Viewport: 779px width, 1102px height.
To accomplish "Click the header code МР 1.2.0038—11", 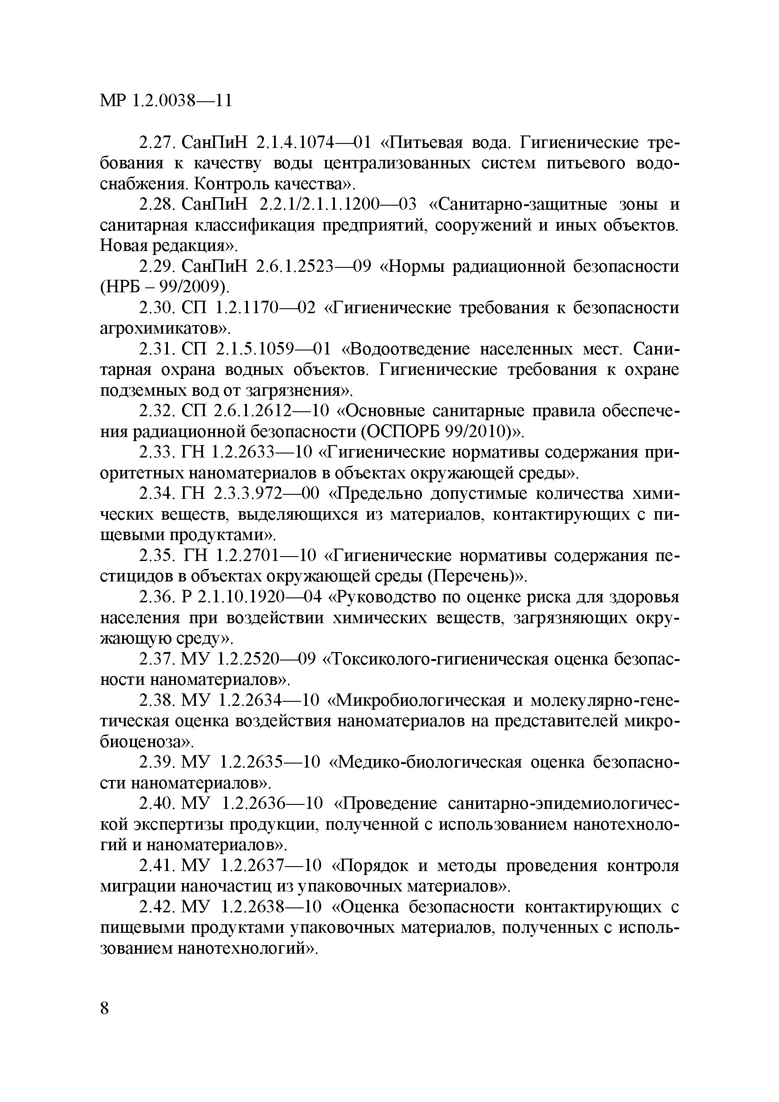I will tap(166, 100).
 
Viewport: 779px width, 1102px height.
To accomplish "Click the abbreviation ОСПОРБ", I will tap(404, 432).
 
